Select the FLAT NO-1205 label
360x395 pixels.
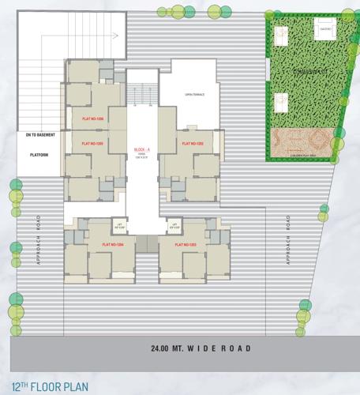(x=93, y=144)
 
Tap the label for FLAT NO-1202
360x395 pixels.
(x=193, y=144)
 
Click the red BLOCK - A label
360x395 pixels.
(x=143, y=148)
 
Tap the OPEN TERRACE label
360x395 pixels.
(x=194, y=95)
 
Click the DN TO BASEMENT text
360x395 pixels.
(x=39, y=135)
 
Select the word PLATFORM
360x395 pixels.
(x=39, y=154)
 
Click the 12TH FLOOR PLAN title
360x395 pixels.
(x=50, y=386)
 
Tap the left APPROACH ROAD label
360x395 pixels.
(x=37, y=238)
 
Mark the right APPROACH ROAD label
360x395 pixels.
(x=289, y=238)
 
